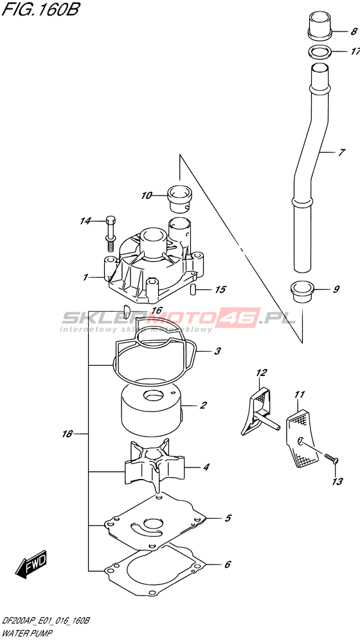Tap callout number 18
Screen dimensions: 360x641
click(67, 434)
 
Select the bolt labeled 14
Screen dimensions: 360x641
click(111, 233)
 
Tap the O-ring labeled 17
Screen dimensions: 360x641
click(319, 52)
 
